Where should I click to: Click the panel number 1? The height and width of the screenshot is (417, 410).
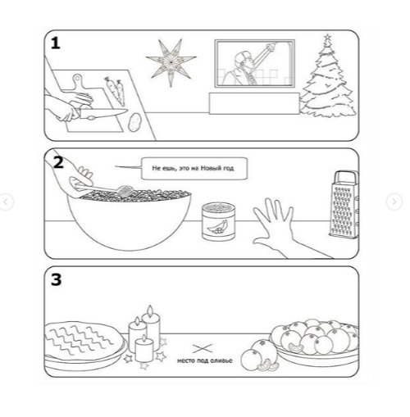tap(56, 43)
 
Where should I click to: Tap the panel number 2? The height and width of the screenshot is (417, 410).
tap(58, 163)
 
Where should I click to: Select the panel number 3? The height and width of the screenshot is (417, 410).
tap(57, 280)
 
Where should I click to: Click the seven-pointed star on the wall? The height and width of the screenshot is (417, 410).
tap(171, 62)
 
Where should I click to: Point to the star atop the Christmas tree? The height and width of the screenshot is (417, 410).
tap(327, 37)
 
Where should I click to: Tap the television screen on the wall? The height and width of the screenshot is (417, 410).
tap(255, 63)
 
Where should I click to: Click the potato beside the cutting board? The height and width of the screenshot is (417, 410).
tap(134, 122)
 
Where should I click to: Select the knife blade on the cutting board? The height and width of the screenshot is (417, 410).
tap(104, 112)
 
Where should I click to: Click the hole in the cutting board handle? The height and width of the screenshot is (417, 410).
tap(78, 79)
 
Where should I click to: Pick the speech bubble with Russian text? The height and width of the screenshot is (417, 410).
tap(194, 168)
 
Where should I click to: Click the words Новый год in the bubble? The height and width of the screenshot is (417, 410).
tap(217, 168)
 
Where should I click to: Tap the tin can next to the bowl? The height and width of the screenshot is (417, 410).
tap(219, 221)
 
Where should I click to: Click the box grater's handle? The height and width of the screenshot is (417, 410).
tap(347, 177)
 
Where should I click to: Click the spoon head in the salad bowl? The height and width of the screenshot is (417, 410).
tap(124, 190)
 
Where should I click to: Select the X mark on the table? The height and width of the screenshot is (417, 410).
tap(203, 348)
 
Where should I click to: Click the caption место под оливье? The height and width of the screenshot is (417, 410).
tap(205, 360)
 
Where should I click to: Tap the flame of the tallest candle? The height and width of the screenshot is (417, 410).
tap(150, 310)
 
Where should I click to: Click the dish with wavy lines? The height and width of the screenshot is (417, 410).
tap(84, 346)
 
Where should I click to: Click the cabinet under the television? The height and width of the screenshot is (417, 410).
tap(254, 103)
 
